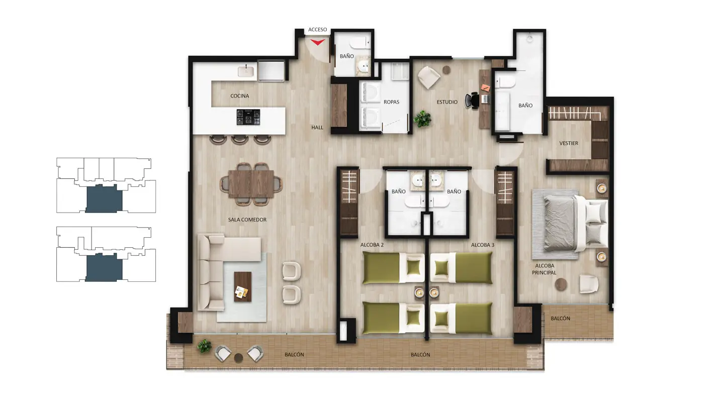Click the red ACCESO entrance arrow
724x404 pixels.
tap(318, 42)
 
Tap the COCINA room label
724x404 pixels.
tap(239, 96)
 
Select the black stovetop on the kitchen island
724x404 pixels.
tap(248, 117)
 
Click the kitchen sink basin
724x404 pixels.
tap(246, 71)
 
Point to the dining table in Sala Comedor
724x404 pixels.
tap(251, 184)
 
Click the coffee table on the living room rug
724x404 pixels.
tap(243, 287)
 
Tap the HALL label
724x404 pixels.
tap(317, 128)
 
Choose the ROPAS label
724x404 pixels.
tap(391, 102)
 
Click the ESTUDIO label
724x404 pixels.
tap(447, 102)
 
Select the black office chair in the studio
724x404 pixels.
tap(472, 100)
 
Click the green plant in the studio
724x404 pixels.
tap(422, 119)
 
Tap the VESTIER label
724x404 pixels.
tap(569, 143)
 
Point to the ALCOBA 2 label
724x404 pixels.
tap(372, 245)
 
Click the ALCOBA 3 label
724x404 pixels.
tap(483, 245)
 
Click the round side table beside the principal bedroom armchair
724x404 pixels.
tap(561, 284)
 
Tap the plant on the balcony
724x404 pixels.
tap(205, 346)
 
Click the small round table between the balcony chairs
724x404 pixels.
tap(238, 358)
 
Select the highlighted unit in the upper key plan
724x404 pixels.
tap(104, 198)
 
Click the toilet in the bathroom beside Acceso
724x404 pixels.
tap(360, 43)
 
